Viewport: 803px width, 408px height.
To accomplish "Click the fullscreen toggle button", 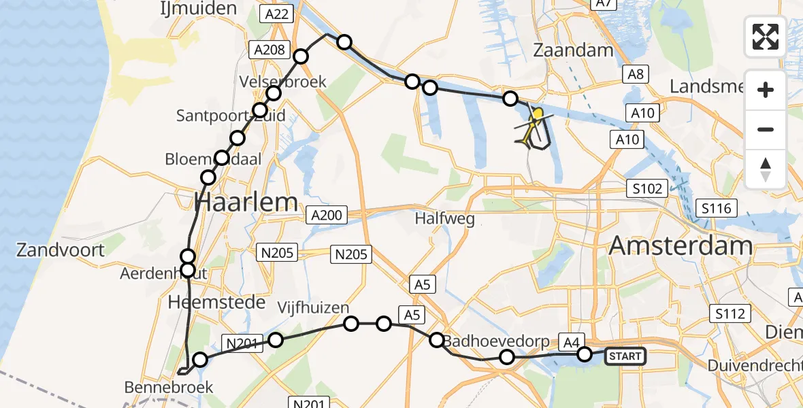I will point(766,37).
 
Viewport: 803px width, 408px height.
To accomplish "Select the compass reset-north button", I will point(766,169).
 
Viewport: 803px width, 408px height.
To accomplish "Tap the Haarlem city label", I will point(246,202).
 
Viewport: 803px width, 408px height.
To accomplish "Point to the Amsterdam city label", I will point(681,246).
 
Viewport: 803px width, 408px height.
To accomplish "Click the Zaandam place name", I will point(573,50).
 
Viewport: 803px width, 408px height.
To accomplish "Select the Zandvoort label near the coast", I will point(61,250).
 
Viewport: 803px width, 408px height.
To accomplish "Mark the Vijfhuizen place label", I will point(314,307).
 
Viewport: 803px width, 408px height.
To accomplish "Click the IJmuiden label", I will point(189,9).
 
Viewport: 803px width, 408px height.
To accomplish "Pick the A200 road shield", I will point(327,216).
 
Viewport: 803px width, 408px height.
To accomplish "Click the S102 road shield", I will point(646,188).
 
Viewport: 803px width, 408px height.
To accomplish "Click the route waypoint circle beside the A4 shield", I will point(585,354).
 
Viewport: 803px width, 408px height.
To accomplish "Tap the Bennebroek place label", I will point(169,388).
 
